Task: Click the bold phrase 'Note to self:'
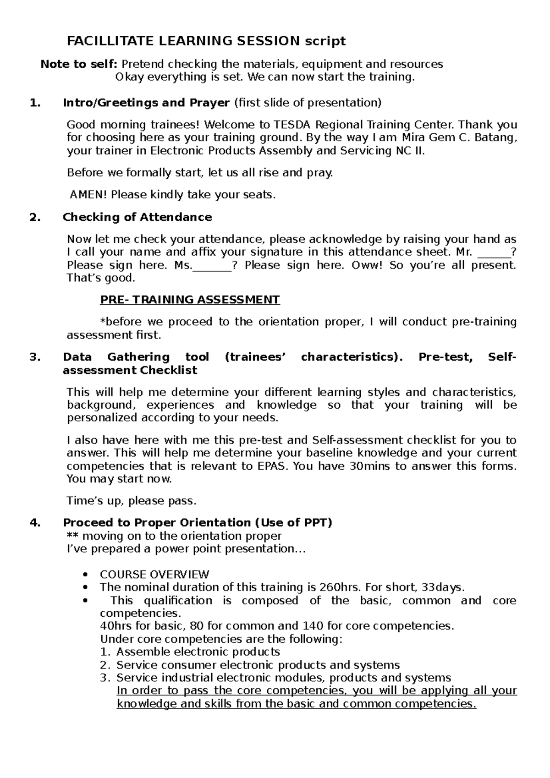pyautogui.click(x=79, y=64)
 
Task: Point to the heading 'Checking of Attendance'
pyautogui.click(x=137, y=217)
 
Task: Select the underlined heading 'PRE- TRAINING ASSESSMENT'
pyautogui.click(x=190, y=300)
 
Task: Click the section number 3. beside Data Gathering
pyautogui.click(x=35, y=357)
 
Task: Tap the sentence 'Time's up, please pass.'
pyautogui.click(x=132, y=501)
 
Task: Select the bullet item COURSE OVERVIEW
pyautogui.click(x=154, y=575)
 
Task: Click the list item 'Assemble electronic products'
pyautogui.click(x=198, y=652)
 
